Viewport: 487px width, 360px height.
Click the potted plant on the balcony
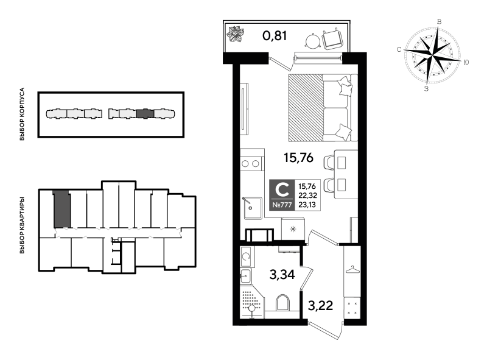coord(236,34)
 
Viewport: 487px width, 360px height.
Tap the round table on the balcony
coord(313,41)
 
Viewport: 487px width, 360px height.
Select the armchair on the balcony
coord(332,40)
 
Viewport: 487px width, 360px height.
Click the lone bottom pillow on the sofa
coord(343,132)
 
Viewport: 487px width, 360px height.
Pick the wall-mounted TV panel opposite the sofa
coord(243,108)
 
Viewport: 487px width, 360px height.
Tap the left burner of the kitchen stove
coord(245,163)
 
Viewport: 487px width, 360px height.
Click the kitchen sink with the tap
coord(253,208)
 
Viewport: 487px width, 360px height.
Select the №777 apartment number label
coord(282,205)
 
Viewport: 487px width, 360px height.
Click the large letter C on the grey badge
coord(282,189)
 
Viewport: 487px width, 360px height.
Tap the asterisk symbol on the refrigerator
coord(293,229)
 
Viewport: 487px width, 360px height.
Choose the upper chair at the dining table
coord(331,163)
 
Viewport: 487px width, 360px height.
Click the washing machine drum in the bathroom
coord(246,256)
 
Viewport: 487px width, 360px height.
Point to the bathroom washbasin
coord(245,276)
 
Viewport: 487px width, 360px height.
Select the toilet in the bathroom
coord(282,303)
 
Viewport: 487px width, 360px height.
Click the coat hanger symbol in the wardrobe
coord(352,269)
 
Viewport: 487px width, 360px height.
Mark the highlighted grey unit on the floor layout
coord(61,210)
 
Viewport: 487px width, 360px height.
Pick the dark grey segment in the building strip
coord(145,113)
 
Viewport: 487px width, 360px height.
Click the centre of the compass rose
coord(432,55)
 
